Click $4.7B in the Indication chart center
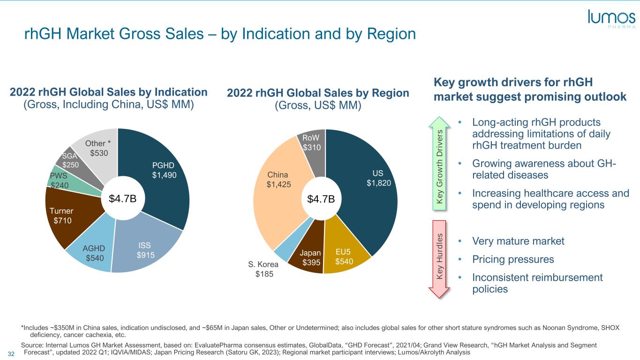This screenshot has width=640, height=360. click(x=122, y=198)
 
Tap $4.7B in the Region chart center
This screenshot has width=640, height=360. click(x=321, y=199)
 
